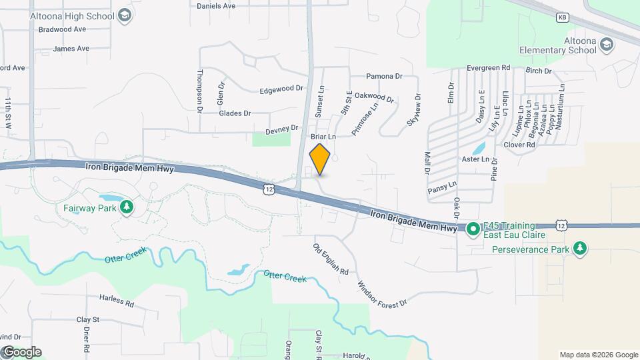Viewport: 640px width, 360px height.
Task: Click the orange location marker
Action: pos(320,159)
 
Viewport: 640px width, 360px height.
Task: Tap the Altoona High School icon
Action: pos(124,15)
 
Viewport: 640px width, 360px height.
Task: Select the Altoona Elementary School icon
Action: pos(606,45)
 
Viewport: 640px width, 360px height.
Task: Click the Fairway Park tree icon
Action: pos(126,208)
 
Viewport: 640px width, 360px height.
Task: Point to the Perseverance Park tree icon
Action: pos(581,249)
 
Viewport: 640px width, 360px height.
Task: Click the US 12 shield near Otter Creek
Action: pos(268,190)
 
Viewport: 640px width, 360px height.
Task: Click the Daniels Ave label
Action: pos(216,6)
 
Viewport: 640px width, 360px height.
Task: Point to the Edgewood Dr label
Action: pos(281,89)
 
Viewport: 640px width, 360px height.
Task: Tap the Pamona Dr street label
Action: pos(385,77)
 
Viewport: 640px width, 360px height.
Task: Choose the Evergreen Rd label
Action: pos(488,68)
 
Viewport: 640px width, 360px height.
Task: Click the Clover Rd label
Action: pos(520,145)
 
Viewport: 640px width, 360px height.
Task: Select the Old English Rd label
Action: pos(331,259)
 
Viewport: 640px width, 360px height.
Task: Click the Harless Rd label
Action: pos(117,300)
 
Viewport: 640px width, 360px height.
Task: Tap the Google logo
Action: pos(21,352)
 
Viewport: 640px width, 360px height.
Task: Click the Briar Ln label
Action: pos(323,136)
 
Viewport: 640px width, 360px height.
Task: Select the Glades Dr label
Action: pos(235,113)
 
